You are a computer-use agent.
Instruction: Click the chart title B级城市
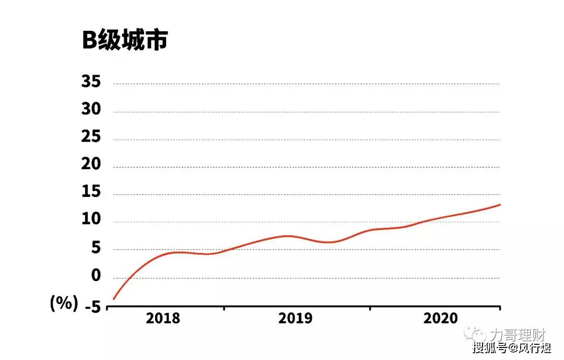[125, 40]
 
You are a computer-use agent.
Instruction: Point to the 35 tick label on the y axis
[91, 82]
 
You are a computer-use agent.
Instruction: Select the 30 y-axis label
[91, 109]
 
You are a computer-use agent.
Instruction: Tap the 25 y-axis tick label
[91, 137]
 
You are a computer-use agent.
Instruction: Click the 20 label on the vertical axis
[91, 164]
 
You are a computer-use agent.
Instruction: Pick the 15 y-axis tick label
[91, 192]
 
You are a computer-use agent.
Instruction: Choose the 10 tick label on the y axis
[91, 219]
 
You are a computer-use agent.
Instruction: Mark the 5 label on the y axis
[96, 248]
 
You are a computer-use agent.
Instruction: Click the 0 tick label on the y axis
[96, 276]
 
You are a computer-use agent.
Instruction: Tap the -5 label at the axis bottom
[93, 307]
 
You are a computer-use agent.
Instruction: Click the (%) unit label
[64, 303]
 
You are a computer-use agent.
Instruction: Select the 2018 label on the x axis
[163, 318]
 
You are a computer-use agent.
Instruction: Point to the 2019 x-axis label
[295, 318]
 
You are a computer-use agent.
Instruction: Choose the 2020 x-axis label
[441, 318]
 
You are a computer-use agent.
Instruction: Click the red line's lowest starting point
[114, 299]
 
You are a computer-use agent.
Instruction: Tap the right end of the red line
[500, 205]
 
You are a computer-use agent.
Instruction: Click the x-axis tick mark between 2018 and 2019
[224, 308]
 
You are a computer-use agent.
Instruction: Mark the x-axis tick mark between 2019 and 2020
[370, 308]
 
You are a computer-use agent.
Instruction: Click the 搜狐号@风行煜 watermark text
[511, 348]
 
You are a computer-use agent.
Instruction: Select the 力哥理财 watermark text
[518, 335]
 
